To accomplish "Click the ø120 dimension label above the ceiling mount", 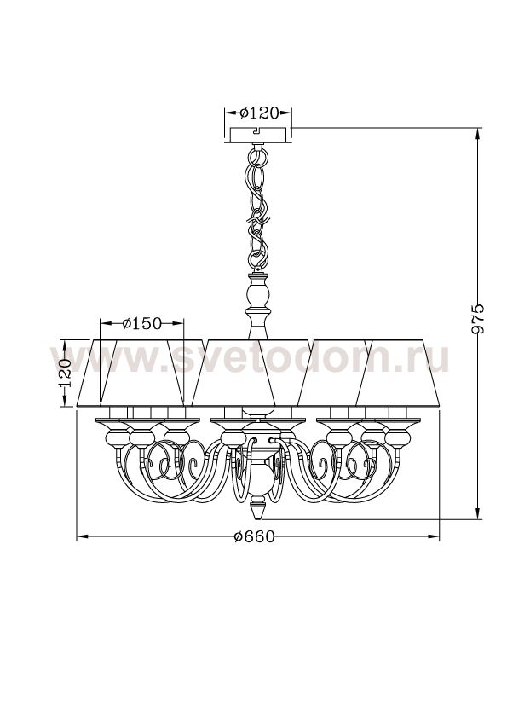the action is (259, 113).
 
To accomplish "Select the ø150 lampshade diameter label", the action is (142, 324).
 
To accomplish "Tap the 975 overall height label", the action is (477, 318).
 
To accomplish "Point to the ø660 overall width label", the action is (254, 536).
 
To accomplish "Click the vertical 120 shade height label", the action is (65, 373).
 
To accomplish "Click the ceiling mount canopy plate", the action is (259, 136).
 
